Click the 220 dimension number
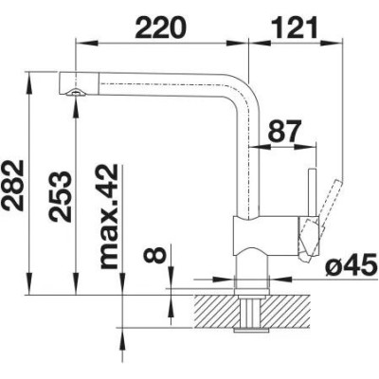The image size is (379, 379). pyautogui.click(x=161, y=27)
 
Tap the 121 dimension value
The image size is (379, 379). pyautogui.click(x=296, y=27)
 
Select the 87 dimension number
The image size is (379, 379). pyautogui.click(x=283, y=131)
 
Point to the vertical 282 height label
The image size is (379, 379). pyautogui.click(x=12, y=186)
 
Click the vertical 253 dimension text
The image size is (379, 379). pyautogui.click(x=60, y=197)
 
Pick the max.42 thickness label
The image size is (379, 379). pyautogui.click(x=109, y=217)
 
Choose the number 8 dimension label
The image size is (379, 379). pyautogui.click(x=154, y=255)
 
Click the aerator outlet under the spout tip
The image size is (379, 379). pyautogui.click(x=75, y=92)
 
